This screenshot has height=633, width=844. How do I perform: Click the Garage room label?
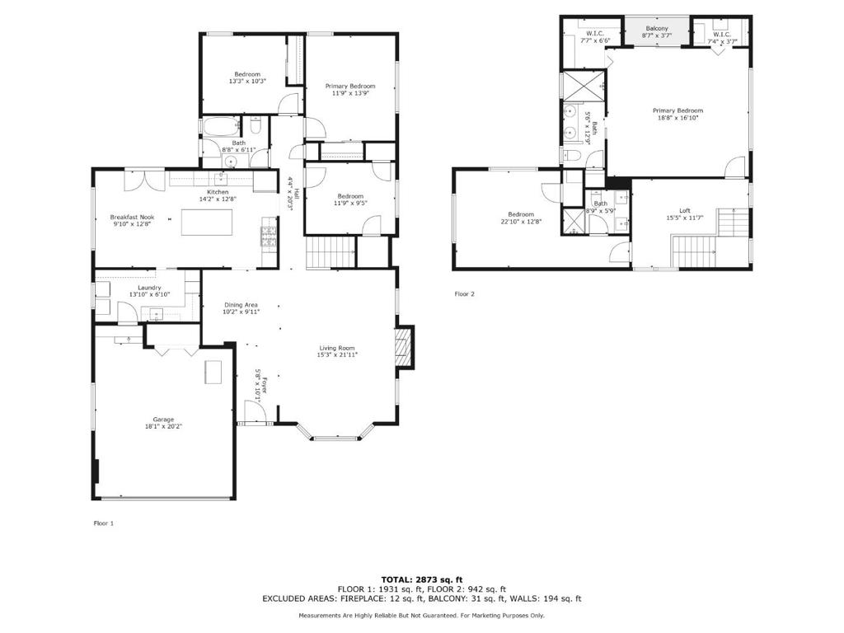click(x=163, y=420)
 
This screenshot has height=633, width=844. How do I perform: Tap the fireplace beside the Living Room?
click(x=404, y=347)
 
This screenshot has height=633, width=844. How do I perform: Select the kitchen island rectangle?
click(x=207, y=223)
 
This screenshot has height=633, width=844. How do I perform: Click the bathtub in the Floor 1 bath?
click(x=221, y=126)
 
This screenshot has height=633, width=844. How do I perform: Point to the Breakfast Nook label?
click(x=132, y=217)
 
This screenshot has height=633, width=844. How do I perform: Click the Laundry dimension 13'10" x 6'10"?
click(x=149, y=294)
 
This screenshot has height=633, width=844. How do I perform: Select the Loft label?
click(x=685, y=210)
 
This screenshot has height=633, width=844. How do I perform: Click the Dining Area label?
click(x=241, y=305)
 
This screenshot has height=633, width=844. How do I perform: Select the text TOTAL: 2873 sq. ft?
click(x=422, y=579)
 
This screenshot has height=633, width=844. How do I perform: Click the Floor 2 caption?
click(x=465, y=294)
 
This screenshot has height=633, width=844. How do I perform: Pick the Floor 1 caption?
click(x=104, y=523)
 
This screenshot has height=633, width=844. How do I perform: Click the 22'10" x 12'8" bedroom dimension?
click(x=521, y=221)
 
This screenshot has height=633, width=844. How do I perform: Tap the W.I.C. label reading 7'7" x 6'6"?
click(x=595, y=40)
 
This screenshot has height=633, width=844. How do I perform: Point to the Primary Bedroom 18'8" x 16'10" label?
click(x=678, y=114)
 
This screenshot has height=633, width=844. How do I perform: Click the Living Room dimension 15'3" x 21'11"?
click(x=337, y=354)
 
